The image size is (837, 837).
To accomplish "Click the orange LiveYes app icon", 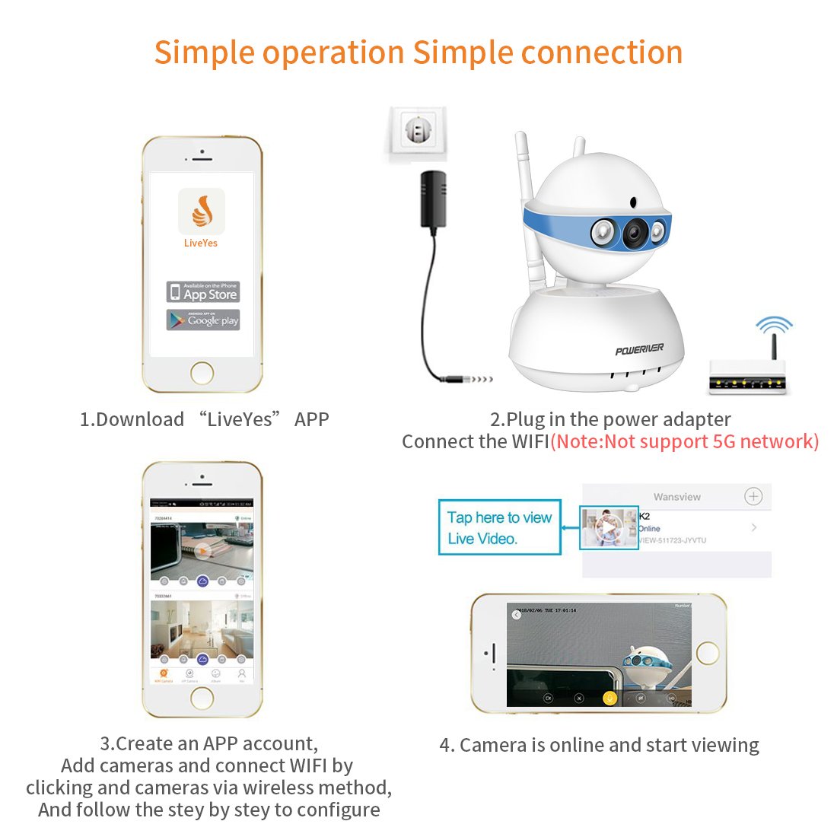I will point(202,212).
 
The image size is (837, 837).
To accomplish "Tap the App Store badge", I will point(203,291).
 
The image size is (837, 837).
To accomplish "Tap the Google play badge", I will point(203,320).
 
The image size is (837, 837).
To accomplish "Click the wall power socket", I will point(415,132).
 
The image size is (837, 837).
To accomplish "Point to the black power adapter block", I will point(433,199).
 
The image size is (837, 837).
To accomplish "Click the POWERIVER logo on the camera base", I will point(639,349).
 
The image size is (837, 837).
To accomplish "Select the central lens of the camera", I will point(634,234).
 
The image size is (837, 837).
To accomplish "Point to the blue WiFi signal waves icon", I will point(774,326).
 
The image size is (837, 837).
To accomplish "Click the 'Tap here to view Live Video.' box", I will point(499,527).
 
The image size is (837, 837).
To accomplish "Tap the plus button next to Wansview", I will point(753,497).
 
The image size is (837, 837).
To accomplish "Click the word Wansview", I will point(676,497).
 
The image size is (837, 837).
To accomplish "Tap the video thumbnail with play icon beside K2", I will point(609,527).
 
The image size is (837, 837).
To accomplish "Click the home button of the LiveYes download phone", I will point(202,373).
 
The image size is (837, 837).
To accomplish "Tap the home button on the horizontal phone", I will point(708,653).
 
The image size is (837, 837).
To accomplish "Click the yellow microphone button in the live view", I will point(609,698).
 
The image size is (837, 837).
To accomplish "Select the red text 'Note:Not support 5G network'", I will point(685,441).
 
